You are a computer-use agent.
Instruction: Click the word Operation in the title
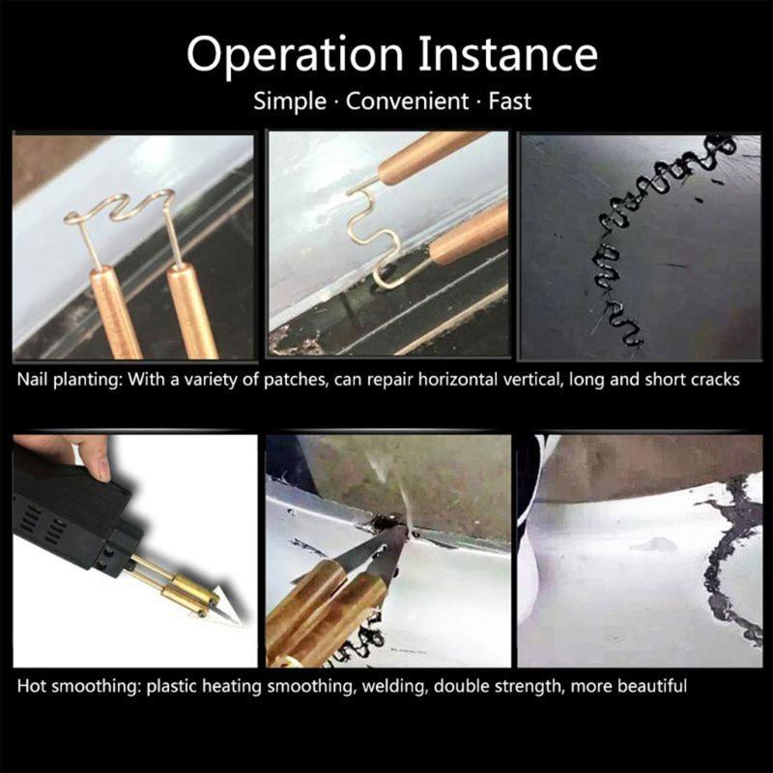(x=296, y=55)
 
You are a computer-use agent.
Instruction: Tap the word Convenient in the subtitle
(x=407, y=101)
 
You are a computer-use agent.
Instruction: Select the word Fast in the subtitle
(x=510, y=101)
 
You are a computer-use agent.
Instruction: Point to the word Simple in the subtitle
(x=290, y=101)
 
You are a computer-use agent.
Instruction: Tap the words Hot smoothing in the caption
(x=79, y=686)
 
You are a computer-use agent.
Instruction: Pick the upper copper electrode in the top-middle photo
(x=430, y=157)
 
